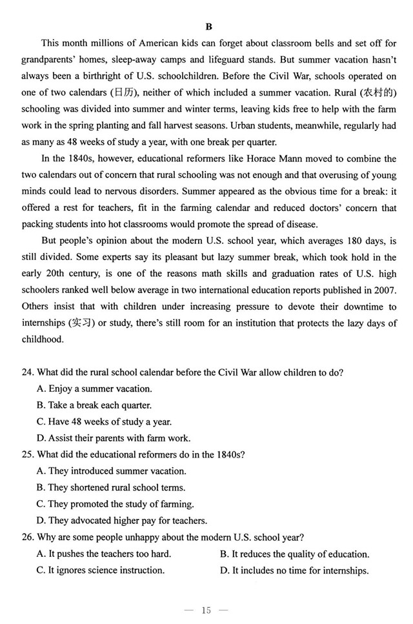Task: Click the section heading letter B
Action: pyautogui.click(x=208, y=26)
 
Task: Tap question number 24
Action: pyautogui.click(x=27, y=372)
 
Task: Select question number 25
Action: pyautogui.click(x=27, y=454)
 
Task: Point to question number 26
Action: pyautogui.click(x=27, y=537)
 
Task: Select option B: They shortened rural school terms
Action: pyautogui.click(x=111, y=488)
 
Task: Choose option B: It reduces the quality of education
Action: pyautogui.click(x=294, y=554)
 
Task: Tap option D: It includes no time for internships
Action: pyautogui.click(x=294, y=570)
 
